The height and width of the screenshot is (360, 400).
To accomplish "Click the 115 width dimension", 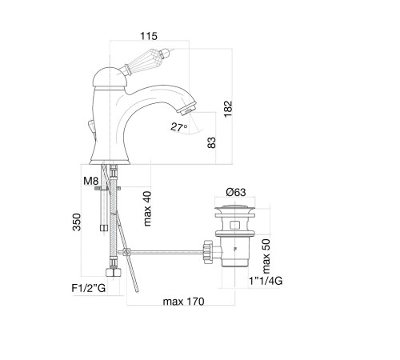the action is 149,36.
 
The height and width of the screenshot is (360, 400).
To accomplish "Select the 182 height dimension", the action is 228,109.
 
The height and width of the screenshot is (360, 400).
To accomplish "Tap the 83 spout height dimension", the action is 211,142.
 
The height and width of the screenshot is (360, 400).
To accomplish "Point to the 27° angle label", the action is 178,127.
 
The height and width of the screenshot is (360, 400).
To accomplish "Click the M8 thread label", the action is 91,181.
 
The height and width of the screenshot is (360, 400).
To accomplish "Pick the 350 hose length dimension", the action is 77,222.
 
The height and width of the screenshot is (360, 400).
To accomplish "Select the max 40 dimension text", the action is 147,209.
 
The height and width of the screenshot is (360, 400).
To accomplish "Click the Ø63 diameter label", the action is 236,192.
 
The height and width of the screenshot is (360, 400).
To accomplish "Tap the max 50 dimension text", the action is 266,256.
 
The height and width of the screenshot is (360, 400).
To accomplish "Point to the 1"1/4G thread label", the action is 266,281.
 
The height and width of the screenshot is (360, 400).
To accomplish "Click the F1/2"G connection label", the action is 89,288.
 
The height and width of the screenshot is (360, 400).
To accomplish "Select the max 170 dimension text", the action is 183,302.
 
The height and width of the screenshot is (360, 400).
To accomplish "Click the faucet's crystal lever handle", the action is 146,59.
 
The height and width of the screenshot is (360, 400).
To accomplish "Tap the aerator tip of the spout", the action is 189,109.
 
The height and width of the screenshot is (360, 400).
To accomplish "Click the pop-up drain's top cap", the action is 235,208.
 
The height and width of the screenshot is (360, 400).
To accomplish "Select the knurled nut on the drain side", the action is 208,252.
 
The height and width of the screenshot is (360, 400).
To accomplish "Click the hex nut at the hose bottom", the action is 114,272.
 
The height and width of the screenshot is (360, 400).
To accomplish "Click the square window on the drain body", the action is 234,225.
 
